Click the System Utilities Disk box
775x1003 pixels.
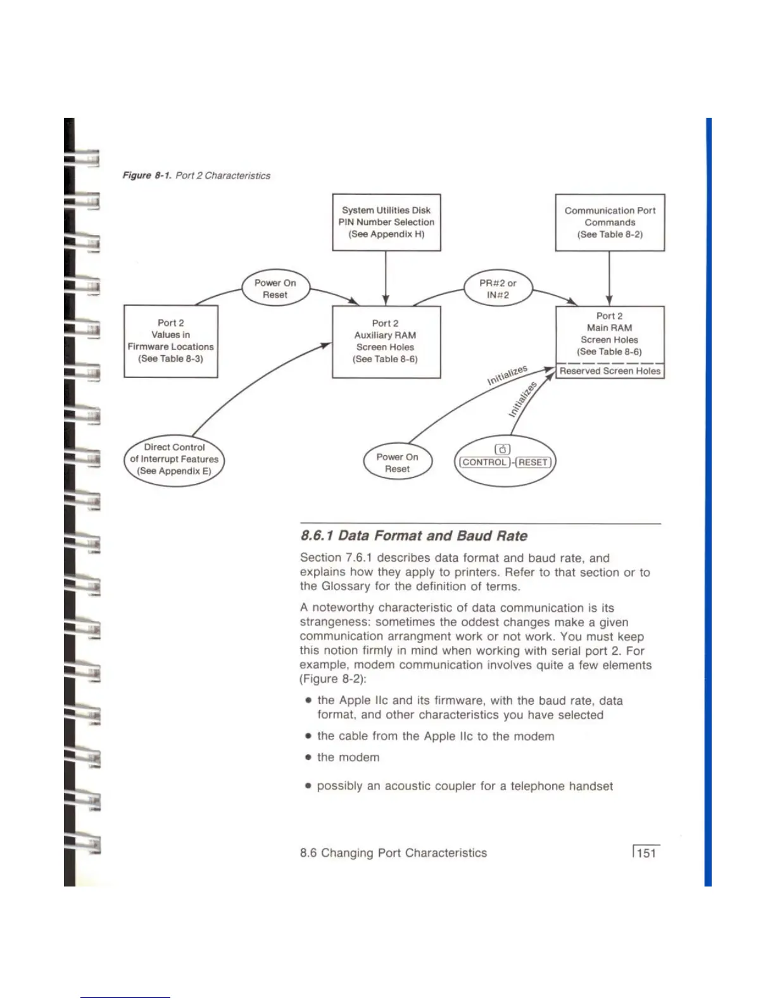(x=386, y=222)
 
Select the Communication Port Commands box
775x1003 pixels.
(x=610, y=222)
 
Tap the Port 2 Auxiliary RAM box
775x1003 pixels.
(x=386, y=341)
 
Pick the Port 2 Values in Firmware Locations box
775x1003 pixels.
(x=170, y=341)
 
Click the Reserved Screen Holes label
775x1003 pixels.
(x=610, y=371)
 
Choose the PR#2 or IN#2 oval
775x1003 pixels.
(x=498, y=289)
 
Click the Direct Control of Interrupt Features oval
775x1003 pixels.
(x=174, y=459)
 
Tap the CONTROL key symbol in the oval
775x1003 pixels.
(x=484, y=462)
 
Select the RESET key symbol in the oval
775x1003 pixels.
(x=533, y=462)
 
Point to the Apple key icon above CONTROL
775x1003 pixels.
(x=502, y=450)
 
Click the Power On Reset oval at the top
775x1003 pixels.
(x=275, y=289)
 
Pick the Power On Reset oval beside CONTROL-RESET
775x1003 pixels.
(x=397, y=463)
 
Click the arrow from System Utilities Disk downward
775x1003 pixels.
(x=386, y=278)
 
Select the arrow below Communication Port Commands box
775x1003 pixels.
(x=609, y=278)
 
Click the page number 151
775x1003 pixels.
(x=646, y=853)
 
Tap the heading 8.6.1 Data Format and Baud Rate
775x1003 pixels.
(x=414, y=536)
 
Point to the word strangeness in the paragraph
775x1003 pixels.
(x=334, y=622)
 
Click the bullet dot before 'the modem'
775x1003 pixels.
(x=308, y=757)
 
